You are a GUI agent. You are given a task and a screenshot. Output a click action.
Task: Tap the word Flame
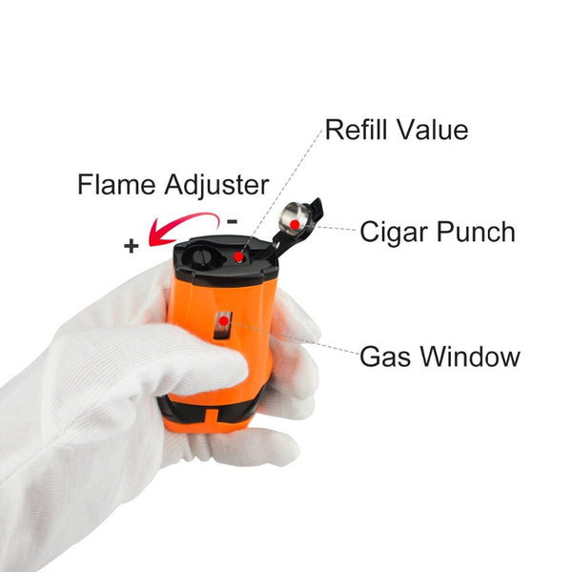(116, 185)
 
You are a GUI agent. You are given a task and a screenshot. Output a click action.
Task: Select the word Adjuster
(216, 186)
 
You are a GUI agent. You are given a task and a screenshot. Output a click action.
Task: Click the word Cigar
(394, 233)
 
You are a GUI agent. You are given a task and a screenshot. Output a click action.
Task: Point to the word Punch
(476, 232)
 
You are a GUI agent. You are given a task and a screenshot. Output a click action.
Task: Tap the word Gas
(385, 357)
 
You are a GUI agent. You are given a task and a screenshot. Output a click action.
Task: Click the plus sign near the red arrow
(132, 246)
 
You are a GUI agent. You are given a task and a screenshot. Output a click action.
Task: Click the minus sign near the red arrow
(232, 221)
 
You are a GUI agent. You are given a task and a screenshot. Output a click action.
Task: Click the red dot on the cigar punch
(295, 225)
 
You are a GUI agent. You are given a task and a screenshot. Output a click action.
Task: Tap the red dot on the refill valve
(238, 257)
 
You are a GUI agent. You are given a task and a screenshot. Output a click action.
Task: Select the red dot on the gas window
(224, 321)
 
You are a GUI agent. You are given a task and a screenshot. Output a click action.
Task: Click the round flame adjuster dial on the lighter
(200, 255)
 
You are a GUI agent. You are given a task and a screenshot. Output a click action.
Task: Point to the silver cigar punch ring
(294, 220)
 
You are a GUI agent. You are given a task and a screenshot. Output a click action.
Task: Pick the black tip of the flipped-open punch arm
(317, 208)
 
